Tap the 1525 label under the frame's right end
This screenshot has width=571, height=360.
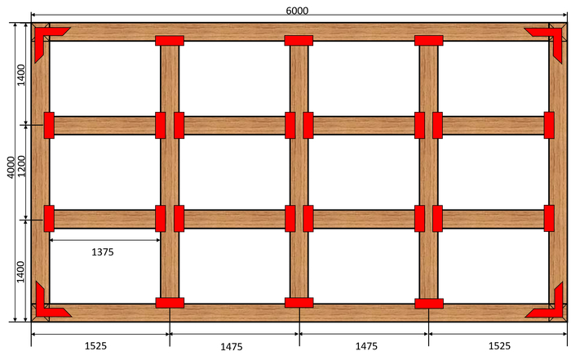498,346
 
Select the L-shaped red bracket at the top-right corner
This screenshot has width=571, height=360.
550,37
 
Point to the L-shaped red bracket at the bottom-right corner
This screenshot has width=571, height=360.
550,304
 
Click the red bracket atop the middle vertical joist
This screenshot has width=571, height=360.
299,40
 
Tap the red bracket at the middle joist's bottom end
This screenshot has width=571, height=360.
299,303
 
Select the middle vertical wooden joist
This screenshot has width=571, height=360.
299,171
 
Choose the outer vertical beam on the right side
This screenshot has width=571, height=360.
557,171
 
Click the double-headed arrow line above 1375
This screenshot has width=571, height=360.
104,240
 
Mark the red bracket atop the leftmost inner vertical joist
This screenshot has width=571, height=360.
170,40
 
